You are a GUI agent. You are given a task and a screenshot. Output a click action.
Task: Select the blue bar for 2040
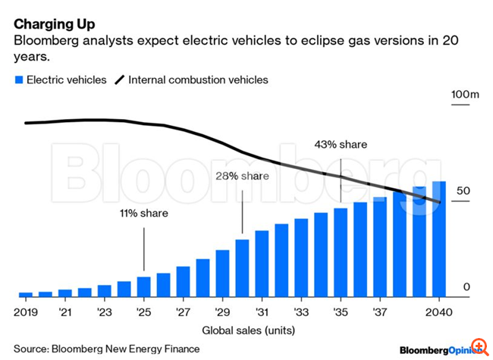point(439,239)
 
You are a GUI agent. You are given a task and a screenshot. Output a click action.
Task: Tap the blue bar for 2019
point(26,294)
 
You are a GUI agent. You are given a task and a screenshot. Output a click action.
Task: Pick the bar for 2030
point(242,268)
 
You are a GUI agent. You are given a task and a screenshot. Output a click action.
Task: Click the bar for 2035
point(341,252)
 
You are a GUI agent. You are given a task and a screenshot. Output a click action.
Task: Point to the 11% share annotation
point(143,213)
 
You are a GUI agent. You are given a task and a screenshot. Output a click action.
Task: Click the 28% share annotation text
point(243,176)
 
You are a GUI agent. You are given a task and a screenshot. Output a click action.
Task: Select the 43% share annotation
point(341,144)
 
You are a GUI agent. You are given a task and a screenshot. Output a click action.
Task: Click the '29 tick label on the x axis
point(222,312)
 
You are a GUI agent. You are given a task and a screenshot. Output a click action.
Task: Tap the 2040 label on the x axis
point(439,312)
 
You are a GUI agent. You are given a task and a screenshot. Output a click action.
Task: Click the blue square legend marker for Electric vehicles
point(18,80)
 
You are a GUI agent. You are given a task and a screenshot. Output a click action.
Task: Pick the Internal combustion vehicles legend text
point(198,80)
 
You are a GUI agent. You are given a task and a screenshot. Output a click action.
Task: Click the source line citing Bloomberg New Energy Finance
point(107,349)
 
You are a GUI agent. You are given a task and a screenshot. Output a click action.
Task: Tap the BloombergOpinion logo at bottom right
point(441,349)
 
